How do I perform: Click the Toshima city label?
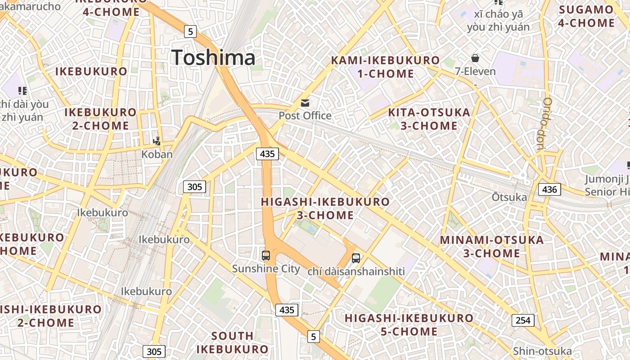click(x=213, y=58)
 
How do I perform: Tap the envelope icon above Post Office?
click(x=306, y=103)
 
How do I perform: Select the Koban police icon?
click(x=157, y=141)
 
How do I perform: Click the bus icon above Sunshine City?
click(x=266, y=256)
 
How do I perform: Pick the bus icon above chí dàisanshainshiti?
click(x=356, y=258)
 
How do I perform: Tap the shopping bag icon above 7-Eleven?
click(x=475, y=58)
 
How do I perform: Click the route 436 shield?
click(x=549, y=189)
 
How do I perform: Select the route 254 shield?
click(x=522, y=320)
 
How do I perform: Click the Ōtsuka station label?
click(x=509, y=197)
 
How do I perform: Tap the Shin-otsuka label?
click(x=542, y=351)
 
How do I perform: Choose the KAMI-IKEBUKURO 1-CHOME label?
click(x=385, y=67)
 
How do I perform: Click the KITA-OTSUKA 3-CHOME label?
click(x=429, y=119)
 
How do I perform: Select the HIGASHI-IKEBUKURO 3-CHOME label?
click(x=325, y=208)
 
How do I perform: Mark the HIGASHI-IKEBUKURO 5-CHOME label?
click(x=409, y=325)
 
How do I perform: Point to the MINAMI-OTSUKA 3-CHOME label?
click(x=492, y=247)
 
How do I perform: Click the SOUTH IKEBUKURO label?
click(x=232, y=342)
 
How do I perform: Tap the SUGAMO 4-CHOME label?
click(x=586, y=16)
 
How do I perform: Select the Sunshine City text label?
click(x=266, y=269)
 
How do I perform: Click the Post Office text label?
click(x=305, y=116)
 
